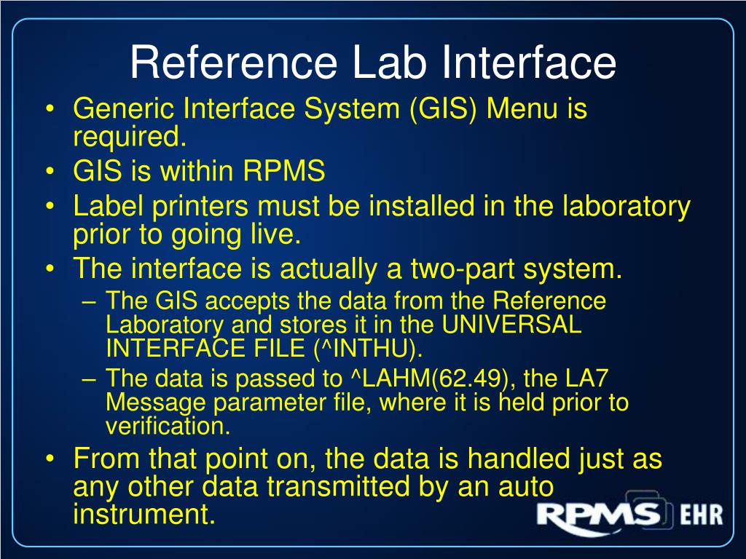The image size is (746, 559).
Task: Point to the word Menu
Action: [x=523, y=109]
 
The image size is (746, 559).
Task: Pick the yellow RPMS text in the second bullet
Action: [x=284, y=172]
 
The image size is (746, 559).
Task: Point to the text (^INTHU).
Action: [x=368, y=349]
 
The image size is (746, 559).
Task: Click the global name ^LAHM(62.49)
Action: [x=424, y=378]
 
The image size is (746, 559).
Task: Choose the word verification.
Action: [x=168, y=427]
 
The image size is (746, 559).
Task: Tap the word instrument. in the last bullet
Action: [x=145, y=514]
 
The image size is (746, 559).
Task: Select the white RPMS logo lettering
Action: [x=597, y=515]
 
